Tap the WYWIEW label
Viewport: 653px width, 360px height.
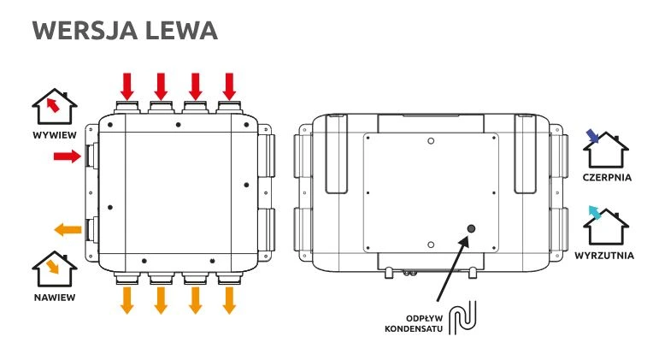55,135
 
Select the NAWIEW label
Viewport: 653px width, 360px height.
55,297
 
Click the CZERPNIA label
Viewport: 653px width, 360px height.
606,178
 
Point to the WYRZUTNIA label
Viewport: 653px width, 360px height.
606,256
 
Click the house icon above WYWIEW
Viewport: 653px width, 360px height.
55,108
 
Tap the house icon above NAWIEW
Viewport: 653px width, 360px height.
55,270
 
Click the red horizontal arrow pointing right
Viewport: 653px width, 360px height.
67,156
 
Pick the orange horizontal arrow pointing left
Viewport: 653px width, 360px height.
68,229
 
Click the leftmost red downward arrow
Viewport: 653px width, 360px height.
127,86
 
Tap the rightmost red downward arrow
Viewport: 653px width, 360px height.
229,86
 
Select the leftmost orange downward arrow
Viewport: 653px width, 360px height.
127,300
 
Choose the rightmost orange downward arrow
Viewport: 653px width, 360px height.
229,300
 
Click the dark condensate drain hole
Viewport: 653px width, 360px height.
470,230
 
